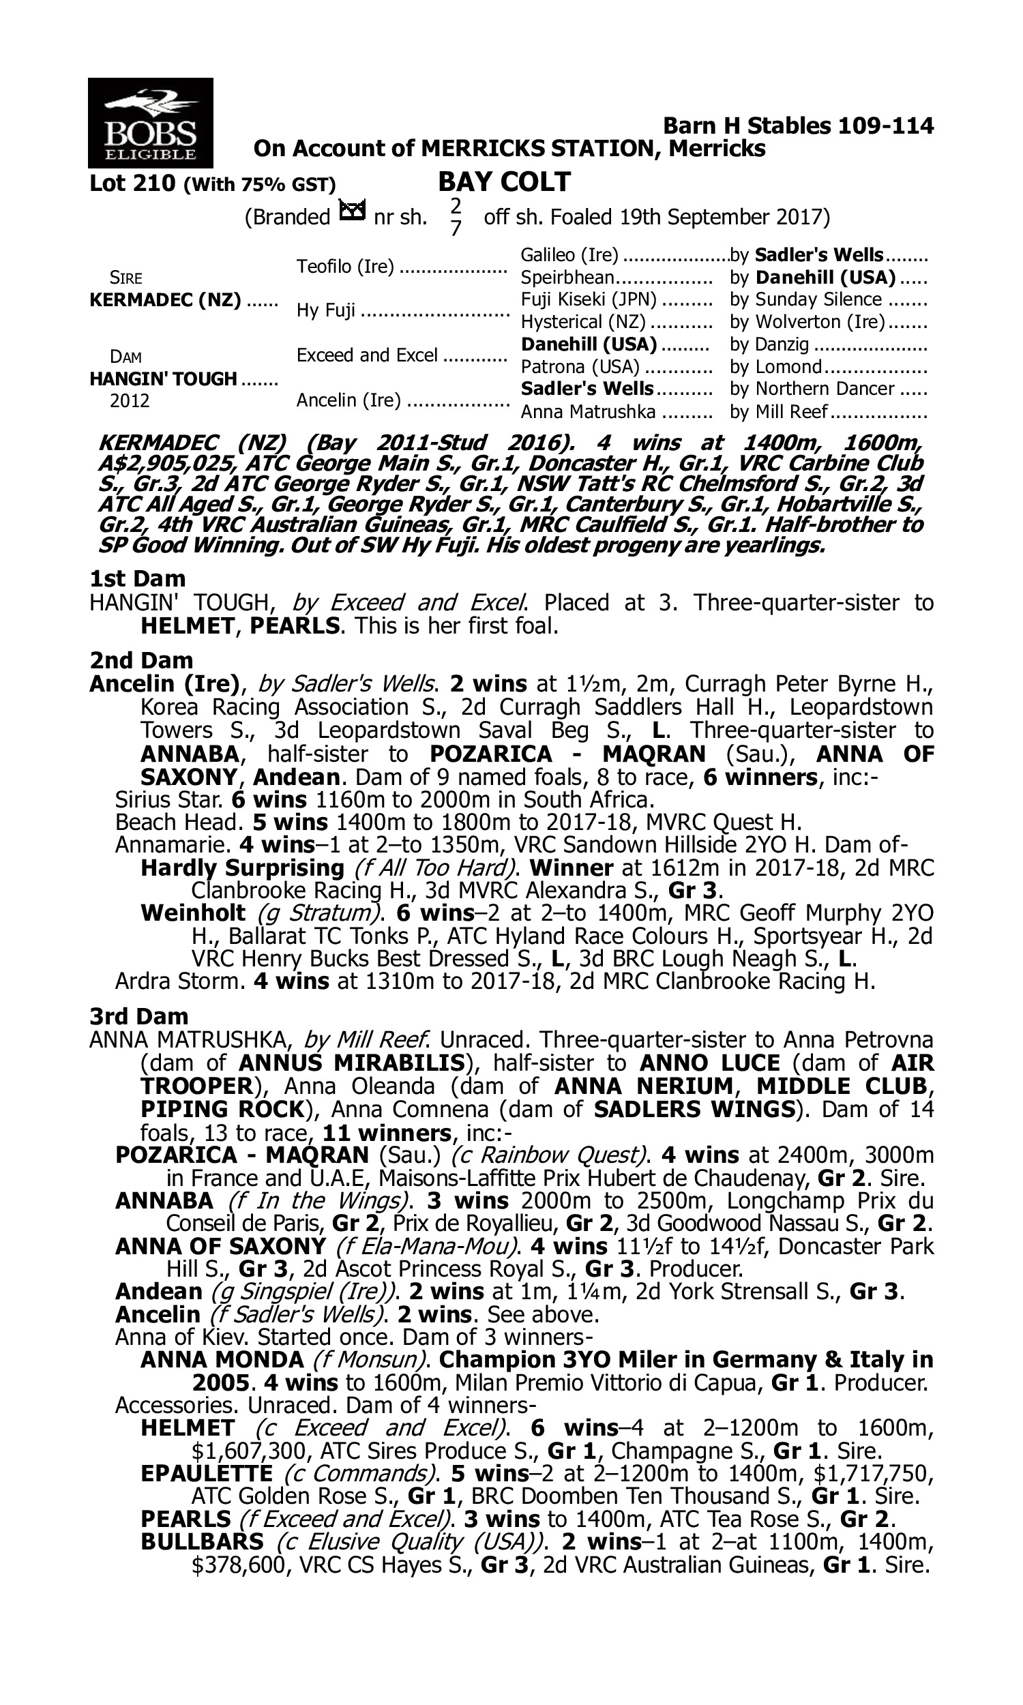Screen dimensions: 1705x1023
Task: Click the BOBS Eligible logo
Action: point(150,123)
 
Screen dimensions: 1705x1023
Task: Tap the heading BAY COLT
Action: point(504,182)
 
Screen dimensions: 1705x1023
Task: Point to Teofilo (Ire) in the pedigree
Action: point(345,267)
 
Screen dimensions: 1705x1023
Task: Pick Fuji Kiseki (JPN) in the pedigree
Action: point(589,300)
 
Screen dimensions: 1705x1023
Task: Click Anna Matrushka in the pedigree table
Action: point(588,412)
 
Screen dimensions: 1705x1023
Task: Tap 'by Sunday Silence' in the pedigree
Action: point(806,300)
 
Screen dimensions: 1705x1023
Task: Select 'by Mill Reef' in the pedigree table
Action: point(779,412)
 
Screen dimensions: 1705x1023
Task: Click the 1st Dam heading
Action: point(138,578)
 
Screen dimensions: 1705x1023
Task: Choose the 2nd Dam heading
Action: point(141,660)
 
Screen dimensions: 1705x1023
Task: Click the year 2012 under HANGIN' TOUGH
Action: point(130,401)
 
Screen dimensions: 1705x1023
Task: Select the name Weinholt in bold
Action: point(193,913)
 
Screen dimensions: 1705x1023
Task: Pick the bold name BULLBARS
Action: point(202,1542)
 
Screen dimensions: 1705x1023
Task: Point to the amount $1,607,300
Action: point(250,1451)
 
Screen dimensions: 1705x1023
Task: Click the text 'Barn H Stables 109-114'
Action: point(798,126)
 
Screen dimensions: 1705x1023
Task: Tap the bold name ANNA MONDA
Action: point(222,1360)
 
